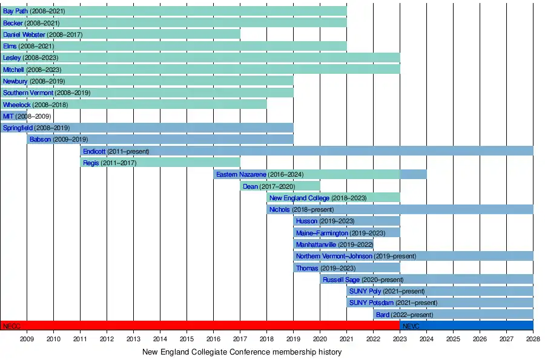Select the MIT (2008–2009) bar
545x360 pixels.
click(14, 116)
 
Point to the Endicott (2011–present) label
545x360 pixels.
click(116, 151)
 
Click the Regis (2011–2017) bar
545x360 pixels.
click(160, 163)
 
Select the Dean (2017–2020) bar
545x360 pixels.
click(280, 186)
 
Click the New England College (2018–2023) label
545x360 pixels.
click(317, 198)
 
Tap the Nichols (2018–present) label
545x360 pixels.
click(301, 210)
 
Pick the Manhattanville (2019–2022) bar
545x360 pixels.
click(333, 244)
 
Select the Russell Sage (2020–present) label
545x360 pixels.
click(363, 280)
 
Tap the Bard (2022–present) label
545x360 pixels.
click(405, 315)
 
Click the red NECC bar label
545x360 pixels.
click(12, 326)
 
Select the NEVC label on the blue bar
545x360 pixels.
click(411, 326)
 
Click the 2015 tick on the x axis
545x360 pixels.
click(187, 339)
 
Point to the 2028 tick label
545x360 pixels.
click(533, 339)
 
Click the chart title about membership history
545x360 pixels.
click(242, 352)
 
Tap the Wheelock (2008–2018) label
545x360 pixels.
click(35, 105)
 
